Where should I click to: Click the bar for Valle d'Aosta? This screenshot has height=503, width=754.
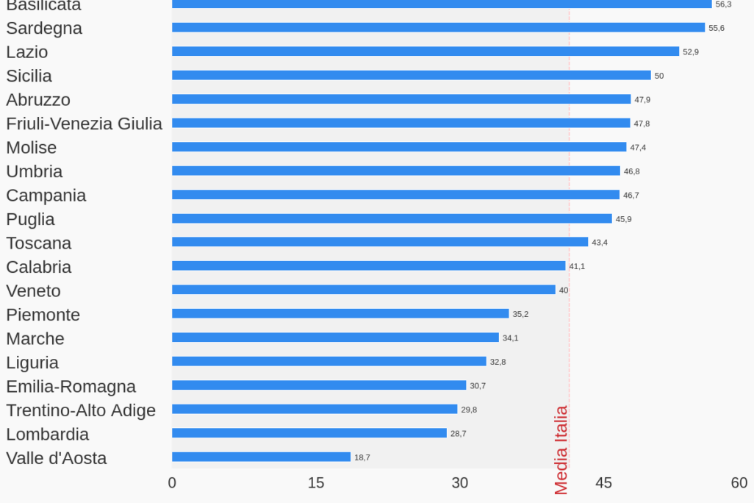(261, 457)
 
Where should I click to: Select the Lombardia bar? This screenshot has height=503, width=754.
(309, 433)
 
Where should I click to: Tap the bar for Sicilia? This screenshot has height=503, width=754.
(412, 75)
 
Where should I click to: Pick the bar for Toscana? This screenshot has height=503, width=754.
(380, 242)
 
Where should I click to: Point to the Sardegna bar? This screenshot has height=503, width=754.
(438, 27)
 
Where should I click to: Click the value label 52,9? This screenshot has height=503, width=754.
(691, 51)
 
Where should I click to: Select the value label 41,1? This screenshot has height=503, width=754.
(577, 266)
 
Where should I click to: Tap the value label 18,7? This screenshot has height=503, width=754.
(362, 457)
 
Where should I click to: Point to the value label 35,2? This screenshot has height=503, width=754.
(520, 314)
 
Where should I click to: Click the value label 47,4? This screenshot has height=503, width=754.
(638, 147)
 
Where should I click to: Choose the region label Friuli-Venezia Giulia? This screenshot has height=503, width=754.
(84, 124)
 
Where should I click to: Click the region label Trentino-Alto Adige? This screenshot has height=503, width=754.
(81, 410)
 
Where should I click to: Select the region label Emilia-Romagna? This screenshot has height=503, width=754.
(71, 386)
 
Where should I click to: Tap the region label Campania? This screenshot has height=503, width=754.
(46, 195)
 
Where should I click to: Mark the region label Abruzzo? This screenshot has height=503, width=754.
(38, 99)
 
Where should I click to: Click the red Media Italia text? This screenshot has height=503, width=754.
(561, 450)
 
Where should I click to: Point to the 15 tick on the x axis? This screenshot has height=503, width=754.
(316, 483)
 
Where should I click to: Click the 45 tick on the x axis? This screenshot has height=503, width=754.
(603, 483)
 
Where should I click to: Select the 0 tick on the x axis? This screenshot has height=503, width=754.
(172, 483)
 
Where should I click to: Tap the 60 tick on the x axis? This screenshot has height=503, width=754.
(739, 483)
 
